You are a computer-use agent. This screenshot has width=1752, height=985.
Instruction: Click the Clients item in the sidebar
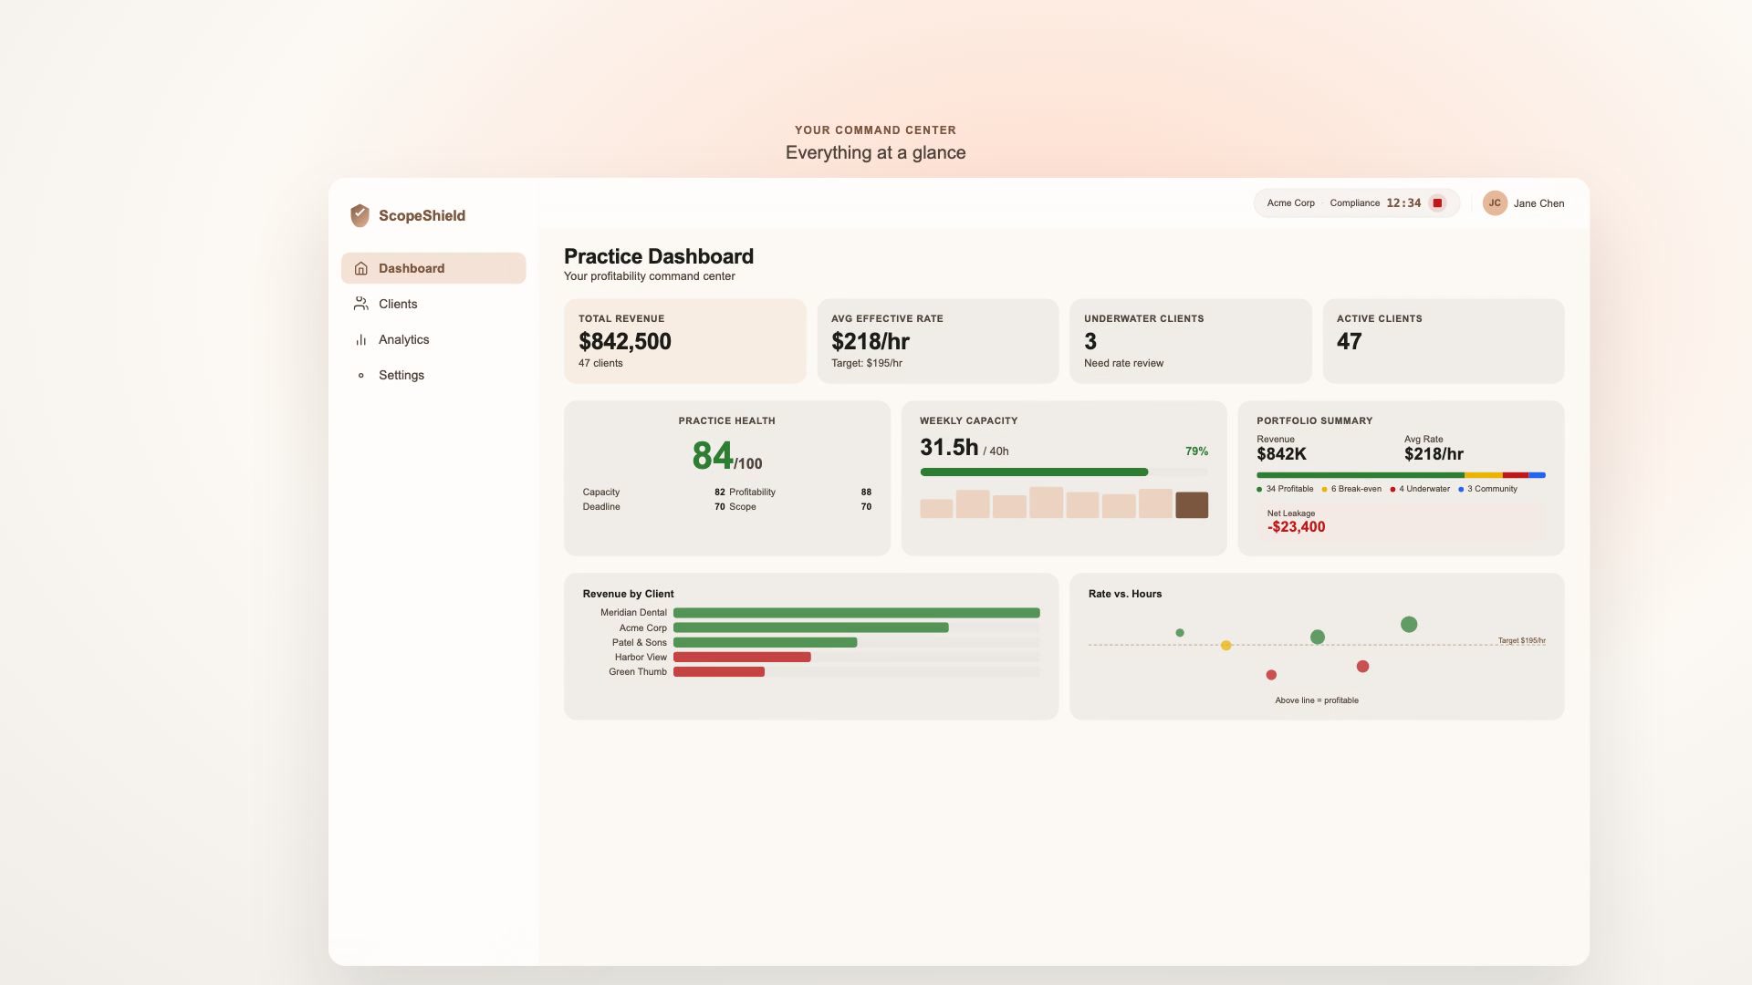click(x=397, y=304)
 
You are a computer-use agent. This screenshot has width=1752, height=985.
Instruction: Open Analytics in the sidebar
click(x=403, y=339)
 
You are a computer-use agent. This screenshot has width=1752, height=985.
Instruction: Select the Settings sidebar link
click(x=401, y=375)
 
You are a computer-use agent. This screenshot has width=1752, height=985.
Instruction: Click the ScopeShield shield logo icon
click(x=360, y=215)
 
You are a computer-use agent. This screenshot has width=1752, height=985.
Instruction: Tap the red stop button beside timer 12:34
click(x=1437, y=203)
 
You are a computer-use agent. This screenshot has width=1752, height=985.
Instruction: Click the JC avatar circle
click(x=1494, y=203)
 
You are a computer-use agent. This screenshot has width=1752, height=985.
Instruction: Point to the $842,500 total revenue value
click(x=625, y=341)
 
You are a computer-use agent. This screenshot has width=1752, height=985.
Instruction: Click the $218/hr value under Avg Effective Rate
click(x=870, y=341)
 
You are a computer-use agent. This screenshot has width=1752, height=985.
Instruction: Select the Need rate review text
click(x=1123, y=363)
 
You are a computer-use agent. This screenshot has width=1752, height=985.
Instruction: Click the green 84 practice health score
click(x=712, y=455)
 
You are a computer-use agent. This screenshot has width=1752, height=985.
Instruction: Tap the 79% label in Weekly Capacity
click(x=1196, y=451)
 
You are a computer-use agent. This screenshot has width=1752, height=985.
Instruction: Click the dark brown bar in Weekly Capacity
click(x=1192, y=505)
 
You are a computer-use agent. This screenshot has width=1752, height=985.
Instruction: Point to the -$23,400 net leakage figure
click(x=1296, y=527)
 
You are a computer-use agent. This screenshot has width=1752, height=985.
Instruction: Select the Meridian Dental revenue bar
click(x=856, y=613)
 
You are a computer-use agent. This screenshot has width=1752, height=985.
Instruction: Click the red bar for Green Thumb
click(x=718, y=672)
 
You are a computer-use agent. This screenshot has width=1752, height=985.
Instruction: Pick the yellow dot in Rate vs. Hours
click(x=1225, y=646)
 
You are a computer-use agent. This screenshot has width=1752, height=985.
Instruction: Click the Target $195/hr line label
click(x=1521, y=640)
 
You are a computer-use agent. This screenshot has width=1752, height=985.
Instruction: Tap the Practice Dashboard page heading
click(x=658, y=256)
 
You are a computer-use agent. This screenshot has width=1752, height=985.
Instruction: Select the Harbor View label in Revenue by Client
click(x=640, y=658)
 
